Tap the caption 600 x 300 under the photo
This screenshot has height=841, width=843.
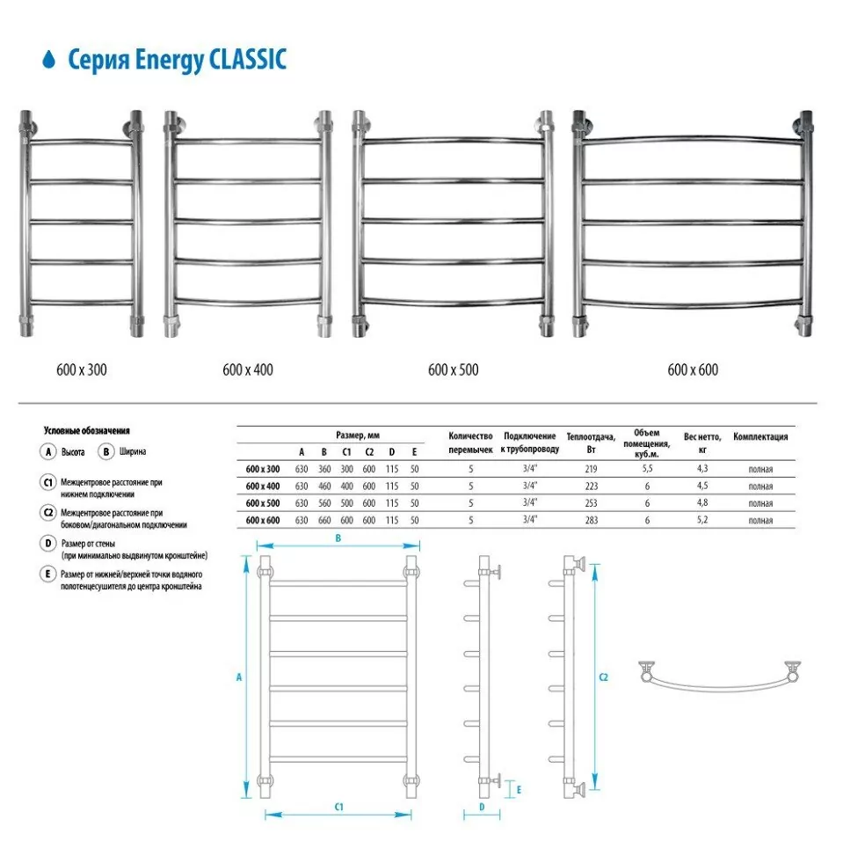point(80,369)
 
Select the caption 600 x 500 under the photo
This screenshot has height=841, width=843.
point(454,369)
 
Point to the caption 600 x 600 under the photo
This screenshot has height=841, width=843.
point(693,369)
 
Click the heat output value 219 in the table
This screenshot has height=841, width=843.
point(591,469)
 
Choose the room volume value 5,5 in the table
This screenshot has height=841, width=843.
point(647,469)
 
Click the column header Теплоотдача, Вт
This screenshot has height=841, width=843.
point(591,441)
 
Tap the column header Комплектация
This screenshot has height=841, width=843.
point(760,436)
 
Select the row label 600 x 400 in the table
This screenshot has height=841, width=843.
point(263,486)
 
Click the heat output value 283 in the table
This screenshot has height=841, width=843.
point(591,520)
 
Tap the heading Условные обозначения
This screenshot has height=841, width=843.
point(87,431)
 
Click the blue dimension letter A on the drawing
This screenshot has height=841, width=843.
point(239,677)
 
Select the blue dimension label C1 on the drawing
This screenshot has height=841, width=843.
point(338,807)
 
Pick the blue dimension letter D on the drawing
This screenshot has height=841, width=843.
point(483,807)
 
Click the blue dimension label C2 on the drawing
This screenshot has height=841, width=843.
point(603,677)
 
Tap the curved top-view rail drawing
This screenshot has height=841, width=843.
point(720,678)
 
